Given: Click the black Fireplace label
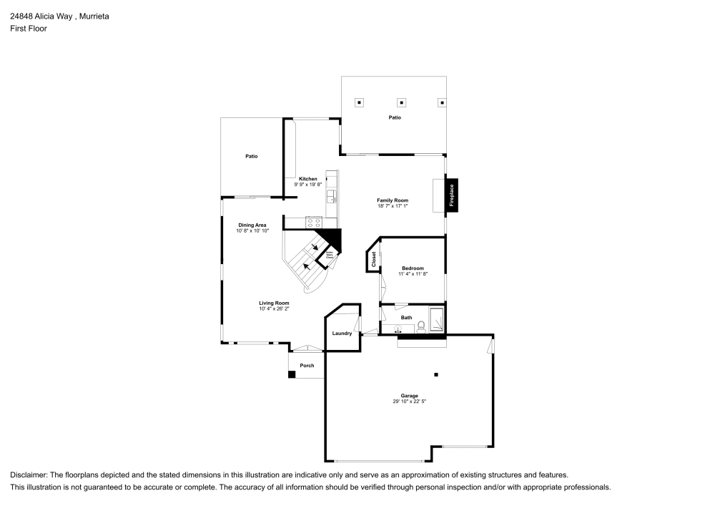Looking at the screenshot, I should (x=452, y=195).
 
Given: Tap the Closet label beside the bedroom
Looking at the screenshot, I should (x=373, y=260).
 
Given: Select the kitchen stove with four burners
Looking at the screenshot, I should (x=313, y=223).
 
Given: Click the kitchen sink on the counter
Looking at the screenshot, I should (x=331, y=195).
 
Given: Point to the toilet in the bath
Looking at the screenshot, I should (x=421, y=327).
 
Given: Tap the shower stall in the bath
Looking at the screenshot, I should (x=436, y=319).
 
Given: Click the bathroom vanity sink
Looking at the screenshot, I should (x=398, y=330).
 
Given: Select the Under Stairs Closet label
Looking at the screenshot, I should (x=330, y=254).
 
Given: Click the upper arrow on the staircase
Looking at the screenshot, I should (x=315, y=248).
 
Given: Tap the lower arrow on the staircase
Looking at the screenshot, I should (x=307, y=266).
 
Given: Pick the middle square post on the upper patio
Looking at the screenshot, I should (x=402, y=102).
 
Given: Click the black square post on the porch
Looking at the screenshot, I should (x=292, y=374).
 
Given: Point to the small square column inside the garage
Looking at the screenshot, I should (x=436, y=374).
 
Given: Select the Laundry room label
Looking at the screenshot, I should (x=342, y=334).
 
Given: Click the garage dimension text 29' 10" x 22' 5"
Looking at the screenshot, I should (x=410, y=402).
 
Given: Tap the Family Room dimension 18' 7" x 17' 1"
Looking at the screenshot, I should (x=393, y=206).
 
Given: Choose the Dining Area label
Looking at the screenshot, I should (x=252, y=225).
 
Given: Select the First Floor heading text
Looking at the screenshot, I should (x=29, y=29).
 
